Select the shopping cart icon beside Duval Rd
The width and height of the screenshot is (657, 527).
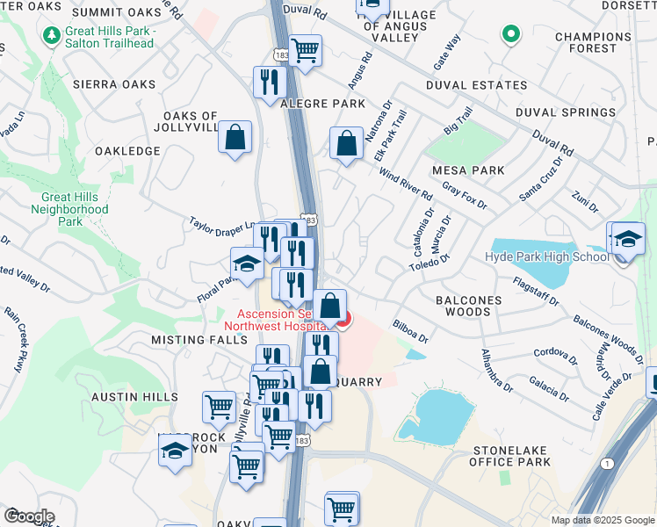coord(305,51)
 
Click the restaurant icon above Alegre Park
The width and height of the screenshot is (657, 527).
coord(269,83)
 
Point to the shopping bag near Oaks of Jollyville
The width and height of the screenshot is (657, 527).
coord(235,137)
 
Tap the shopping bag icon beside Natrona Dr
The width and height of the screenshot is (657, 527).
coord(347,143)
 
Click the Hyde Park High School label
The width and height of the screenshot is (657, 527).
coord(545,256)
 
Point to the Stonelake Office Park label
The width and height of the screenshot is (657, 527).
coord(509,455)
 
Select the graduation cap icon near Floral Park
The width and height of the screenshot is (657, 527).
coord(247,263)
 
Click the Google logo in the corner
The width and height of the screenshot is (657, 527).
coord(28,516)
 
